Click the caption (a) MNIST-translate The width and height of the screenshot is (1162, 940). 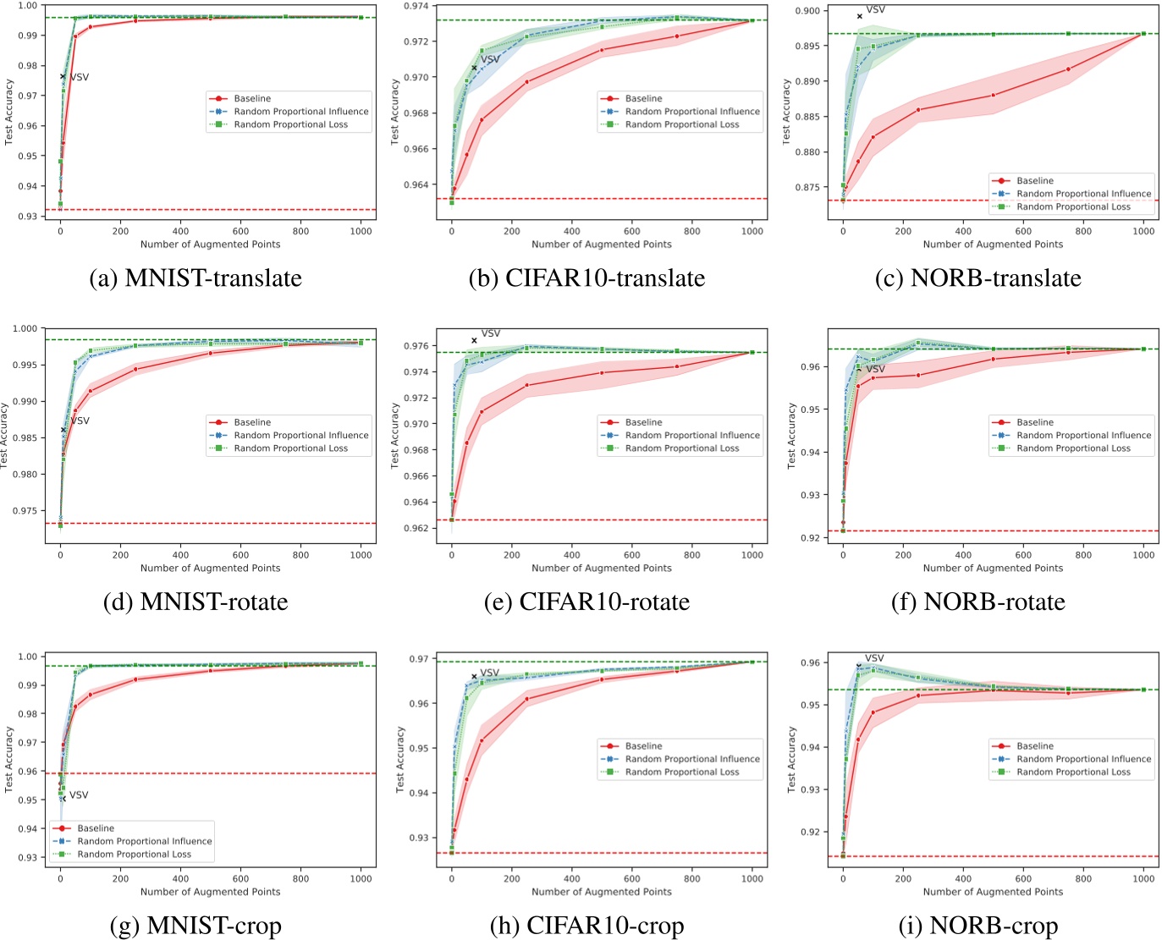point(196,278)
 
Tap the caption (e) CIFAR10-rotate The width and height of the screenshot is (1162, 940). point(587,602)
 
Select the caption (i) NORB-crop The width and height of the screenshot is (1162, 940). point(978,926)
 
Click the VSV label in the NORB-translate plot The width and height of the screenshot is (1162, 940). point(876,10)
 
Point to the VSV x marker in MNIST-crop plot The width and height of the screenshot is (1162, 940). point(63,799)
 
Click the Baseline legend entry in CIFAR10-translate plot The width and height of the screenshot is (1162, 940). point(643,99)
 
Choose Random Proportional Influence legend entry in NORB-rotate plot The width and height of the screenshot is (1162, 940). point(1083,436)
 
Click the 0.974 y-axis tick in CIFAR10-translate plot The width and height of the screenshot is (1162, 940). point(417,6)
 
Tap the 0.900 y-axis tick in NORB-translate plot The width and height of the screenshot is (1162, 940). point(808,11)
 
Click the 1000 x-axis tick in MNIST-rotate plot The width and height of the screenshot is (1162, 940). point(361,555)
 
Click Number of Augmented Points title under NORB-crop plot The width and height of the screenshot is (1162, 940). point(993,892)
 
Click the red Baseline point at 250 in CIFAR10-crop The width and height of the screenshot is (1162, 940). point(526,699)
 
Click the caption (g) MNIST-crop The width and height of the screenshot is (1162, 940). point(196,926)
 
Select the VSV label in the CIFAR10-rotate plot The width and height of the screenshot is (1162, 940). point(490,333)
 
